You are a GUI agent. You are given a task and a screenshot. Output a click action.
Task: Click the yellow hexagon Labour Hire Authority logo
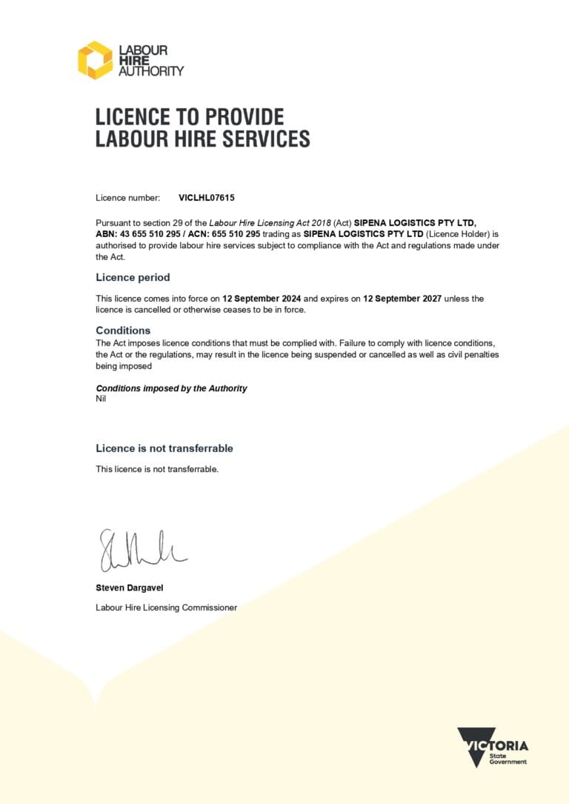point(95,60)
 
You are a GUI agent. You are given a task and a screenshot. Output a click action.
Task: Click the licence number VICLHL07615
point(207,198)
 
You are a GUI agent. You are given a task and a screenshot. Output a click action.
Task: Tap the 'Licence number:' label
point(127,198)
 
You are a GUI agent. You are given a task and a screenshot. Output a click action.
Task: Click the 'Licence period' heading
point(133,277)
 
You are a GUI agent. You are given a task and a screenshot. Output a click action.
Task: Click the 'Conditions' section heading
point(123,330)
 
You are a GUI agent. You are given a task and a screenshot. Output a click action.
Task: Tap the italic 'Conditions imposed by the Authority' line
point(171,388)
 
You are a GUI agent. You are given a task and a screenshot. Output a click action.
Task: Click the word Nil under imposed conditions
point(102,399)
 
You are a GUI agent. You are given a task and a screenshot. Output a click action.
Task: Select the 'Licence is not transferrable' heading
point(164,448)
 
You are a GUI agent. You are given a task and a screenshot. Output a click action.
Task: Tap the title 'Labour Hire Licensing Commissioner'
point(166,608)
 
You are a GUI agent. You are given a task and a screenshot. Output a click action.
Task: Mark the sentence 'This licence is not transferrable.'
point(157,469)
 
